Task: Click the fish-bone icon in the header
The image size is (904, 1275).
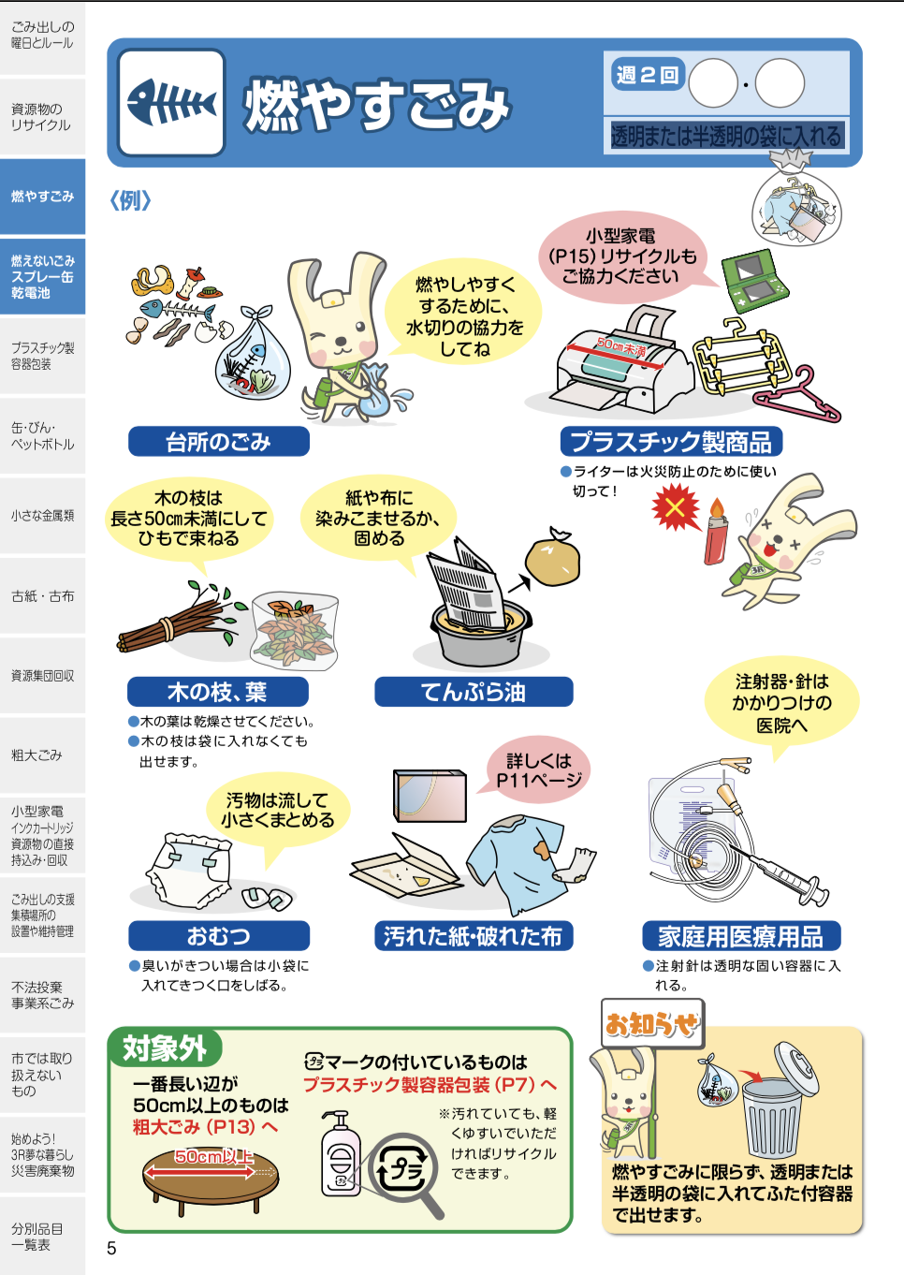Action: tap(171, 102)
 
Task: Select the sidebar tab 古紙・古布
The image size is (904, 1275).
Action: tap(43, 595)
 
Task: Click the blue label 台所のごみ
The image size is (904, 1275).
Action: tap(218, 441)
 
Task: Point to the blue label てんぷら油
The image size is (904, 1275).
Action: tap(474, 692)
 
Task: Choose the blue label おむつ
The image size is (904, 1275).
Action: tap(218, 936)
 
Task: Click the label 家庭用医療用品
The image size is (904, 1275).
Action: tap(741, 936)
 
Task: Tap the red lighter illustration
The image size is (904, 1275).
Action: tap(716, 533)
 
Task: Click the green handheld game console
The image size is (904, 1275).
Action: tap(755, 281)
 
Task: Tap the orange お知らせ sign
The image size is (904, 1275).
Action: tap(652, 1024)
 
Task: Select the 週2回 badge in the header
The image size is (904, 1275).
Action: tap(648, 75)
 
